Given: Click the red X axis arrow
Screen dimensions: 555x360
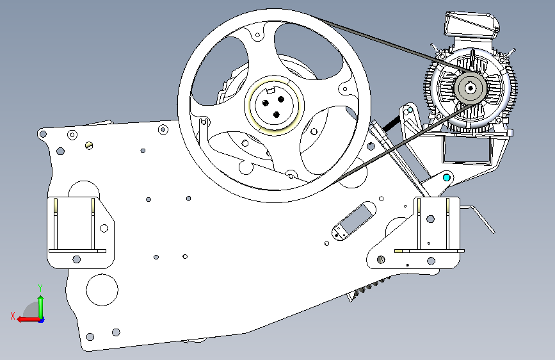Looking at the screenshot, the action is coord(28,320).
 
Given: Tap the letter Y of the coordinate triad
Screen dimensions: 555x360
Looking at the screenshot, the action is coord(40,288).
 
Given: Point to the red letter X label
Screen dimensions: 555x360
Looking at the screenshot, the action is coord(13,316).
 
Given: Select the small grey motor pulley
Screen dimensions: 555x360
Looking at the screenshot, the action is coord(470,88).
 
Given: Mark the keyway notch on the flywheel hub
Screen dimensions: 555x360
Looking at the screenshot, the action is coord(270,90).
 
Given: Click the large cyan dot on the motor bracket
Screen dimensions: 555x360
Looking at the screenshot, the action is coord(447,177).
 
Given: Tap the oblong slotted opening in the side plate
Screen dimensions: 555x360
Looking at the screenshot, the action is coord(353,221).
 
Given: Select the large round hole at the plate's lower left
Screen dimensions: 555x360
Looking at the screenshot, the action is coord(102,290).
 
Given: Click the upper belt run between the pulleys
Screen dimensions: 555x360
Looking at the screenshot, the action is coord(394,44).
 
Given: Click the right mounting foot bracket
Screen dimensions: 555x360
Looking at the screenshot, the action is coord(417,234).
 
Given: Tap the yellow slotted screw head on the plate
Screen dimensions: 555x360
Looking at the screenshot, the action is coord(89,145).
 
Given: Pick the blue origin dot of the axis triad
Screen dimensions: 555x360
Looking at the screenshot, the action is coord(42,320).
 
